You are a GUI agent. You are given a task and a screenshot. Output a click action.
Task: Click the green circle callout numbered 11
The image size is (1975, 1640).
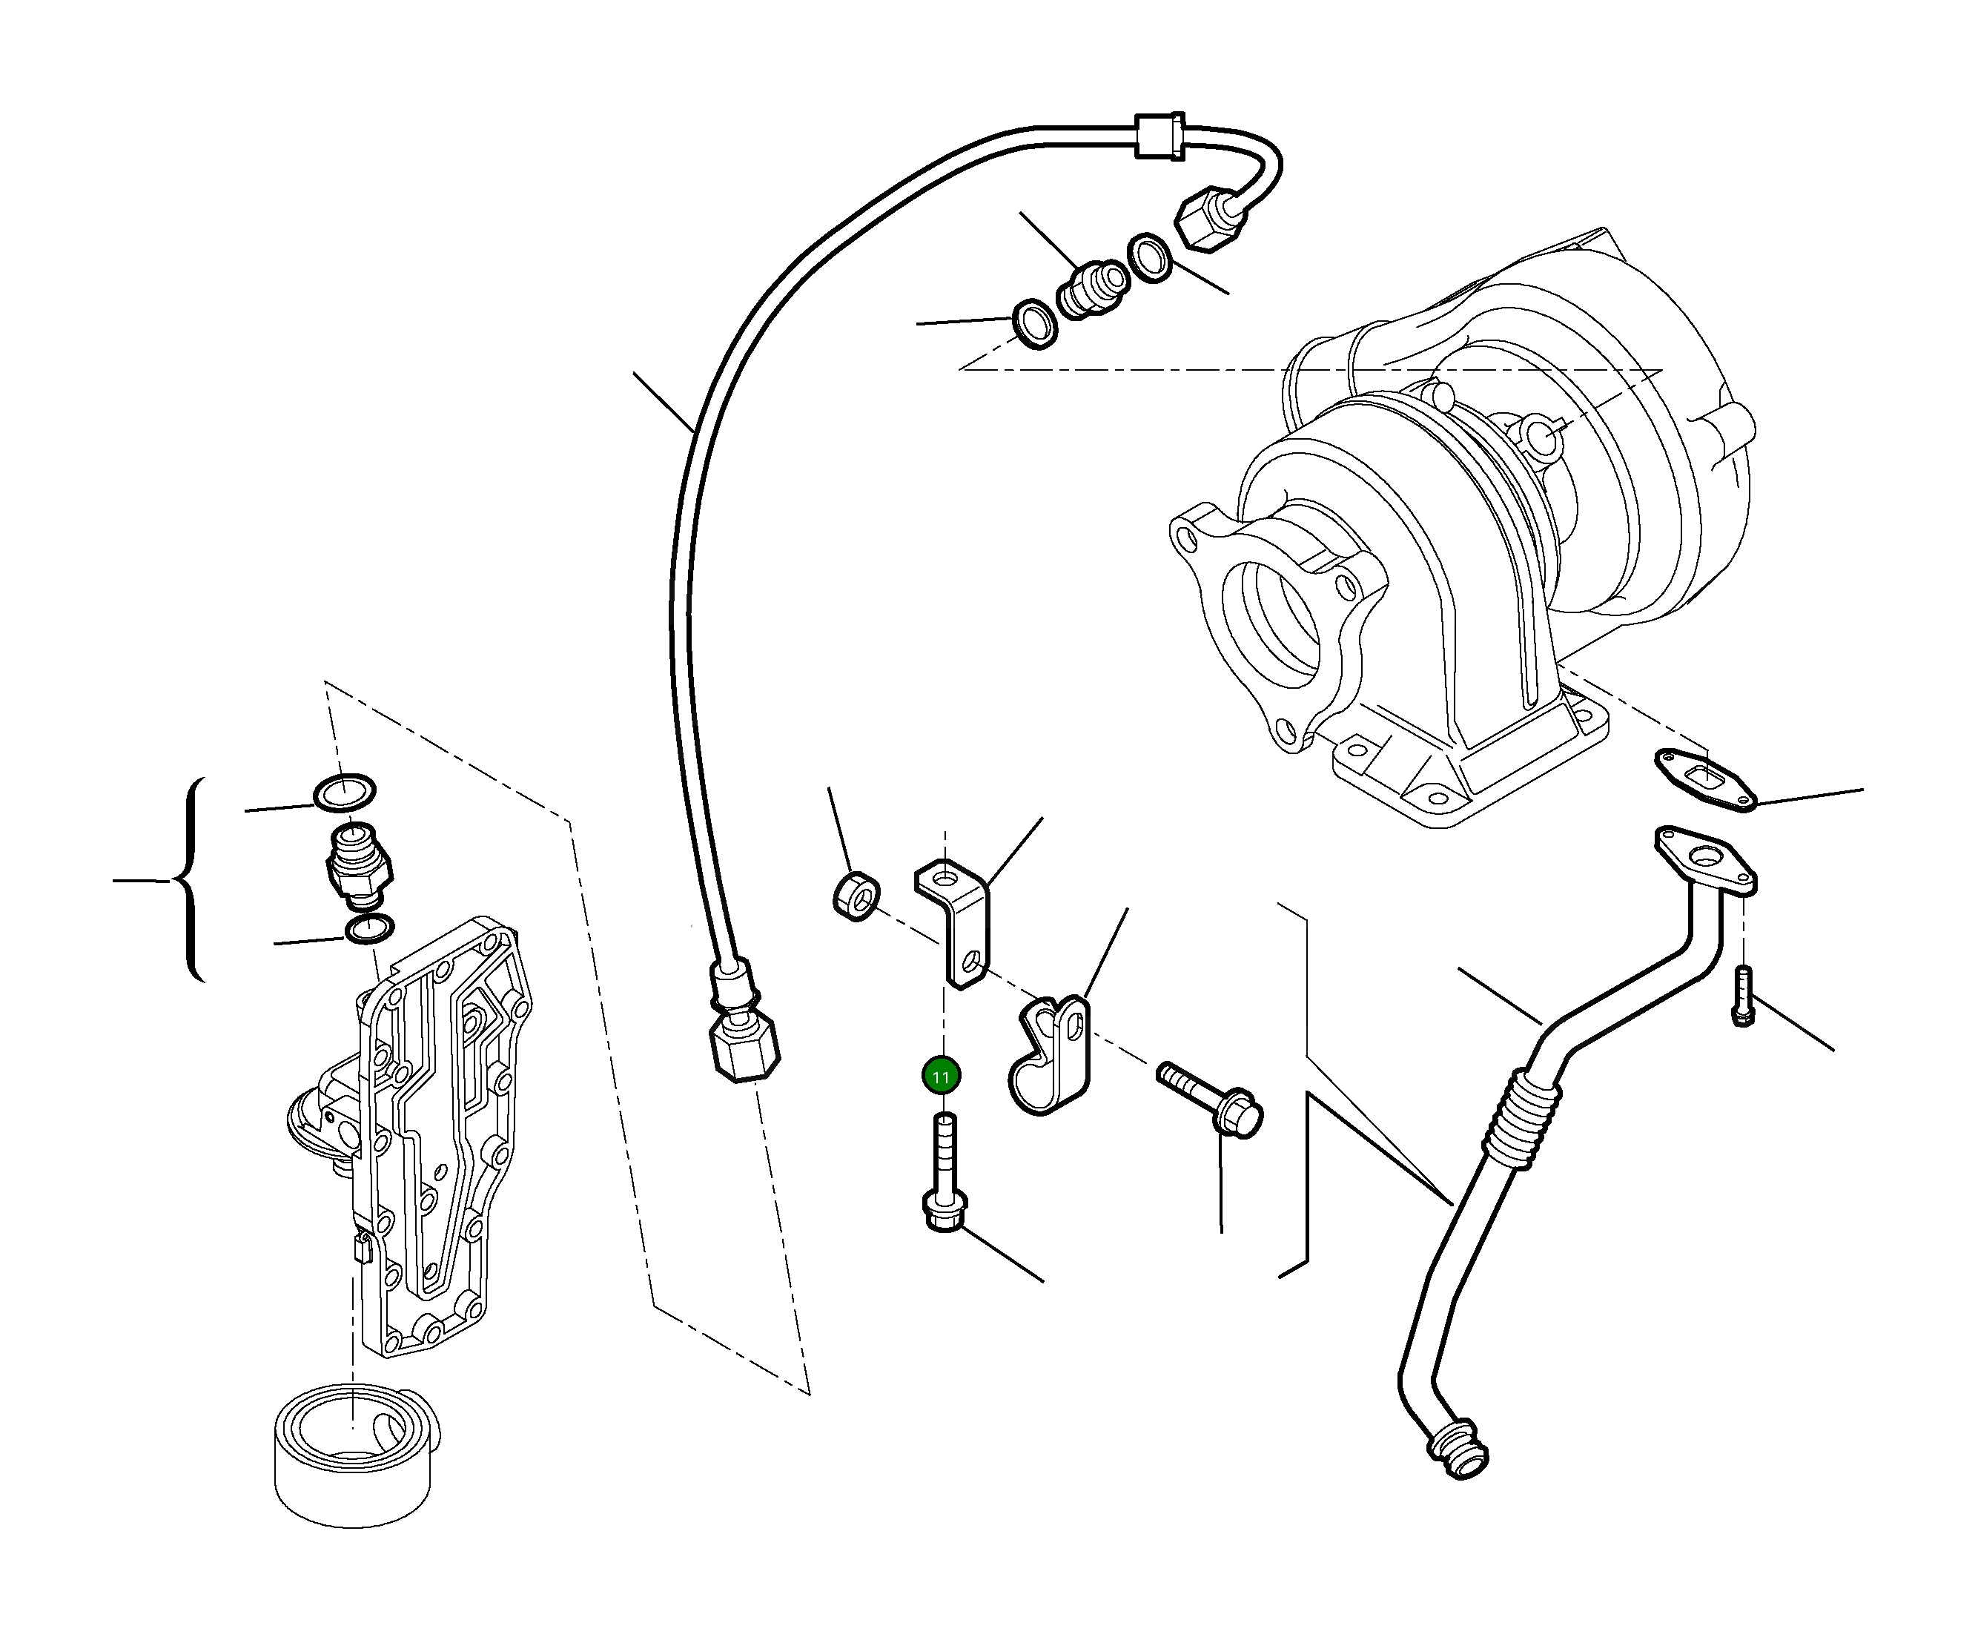tap(941, 1076)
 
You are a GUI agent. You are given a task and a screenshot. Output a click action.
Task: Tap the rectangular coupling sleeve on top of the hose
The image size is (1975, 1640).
tap(1159, 136)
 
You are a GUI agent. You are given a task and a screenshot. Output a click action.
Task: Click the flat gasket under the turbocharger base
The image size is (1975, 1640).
tap(1704, 779)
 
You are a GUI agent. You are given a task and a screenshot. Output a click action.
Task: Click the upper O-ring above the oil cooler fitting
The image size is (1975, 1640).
tap(344, 792)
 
